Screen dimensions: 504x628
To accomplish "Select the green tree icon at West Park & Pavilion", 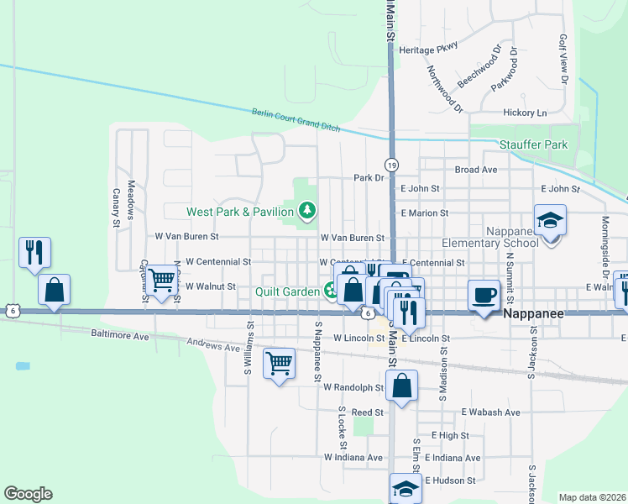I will (x=307, y=209).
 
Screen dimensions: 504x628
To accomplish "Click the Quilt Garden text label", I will (x=287, y=291).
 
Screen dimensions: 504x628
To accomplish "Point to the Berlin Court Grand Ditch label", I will (x=296, y=120).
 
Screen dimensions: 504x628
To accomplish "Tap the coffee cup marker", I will (x=483, y=296).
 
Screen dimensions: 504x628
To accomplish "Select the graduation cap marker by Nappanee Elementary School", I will (x=551, y=221).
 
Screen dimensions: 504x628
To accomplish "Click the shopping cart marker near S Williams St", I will (x=279, y=364).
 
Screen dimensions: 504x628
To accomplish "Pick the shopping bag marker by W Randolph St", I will (x=403, y=386).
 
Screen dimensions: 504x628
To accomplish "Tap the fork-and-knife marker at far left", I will (x=34, y=252).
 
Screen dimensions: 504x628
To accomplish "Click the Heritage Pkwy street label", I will (x=428, y=49).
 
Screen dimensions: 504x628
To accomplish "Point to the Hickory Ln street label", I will (x=524, y=113).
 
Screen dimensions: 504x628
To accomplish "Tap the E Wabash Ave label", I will (x=491, y=412).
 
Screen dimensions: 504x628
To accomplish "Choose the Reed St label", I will (x=367, y=412).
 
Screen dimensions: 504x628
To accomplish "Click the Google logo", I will (x=28, y=494).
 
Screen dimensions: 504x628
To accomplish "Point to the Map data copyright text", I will (x=592, y=497).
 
